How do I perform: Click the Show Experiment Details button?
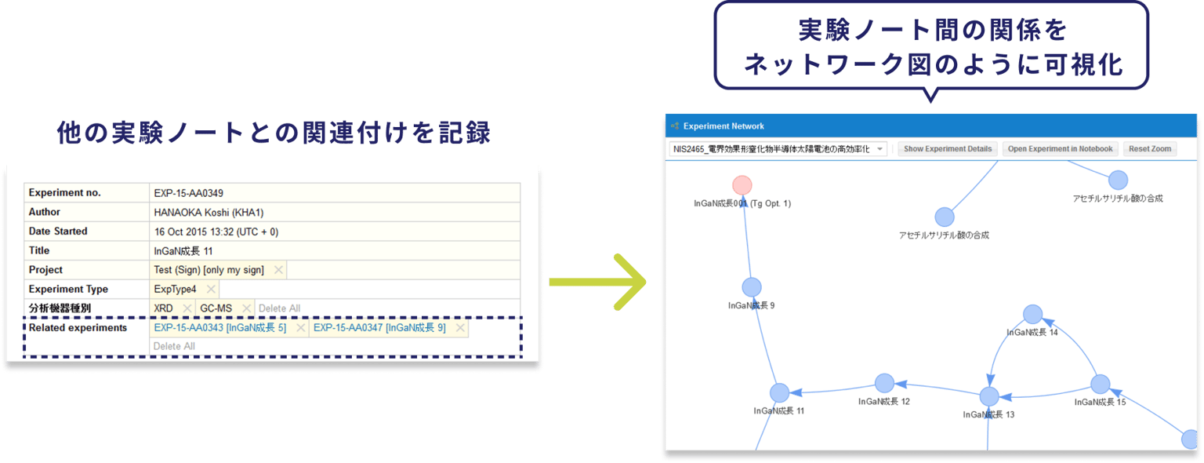[948, 149]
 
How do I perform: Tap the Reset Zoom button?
[1150, 149]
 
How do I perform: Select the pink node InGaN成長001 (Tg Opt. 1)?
[742, 185]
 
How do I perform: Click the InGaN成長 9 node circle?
[752, 287]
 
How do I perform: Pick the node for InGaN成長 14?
[1032, 315]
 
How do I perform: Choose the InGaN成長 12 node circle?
[884, 383]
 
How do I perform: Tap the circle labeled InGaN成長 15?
[1101, 384]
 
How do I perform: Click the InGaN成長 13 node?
[989, 397]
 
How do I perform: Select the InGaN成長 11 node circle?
[779, 393]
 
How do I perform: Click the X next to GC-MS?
[247, 308]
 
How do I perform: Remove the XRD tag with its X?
[187, 308]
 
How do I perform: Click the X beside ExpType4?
[211, 289]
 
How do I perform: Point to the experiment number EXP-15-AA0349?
[189, 193]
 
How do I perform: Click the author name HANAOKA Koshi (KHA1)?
[209, 212]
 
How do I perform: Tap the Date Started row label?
[58, 231]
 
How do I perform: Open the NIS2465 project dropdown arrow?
[880, 149]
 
